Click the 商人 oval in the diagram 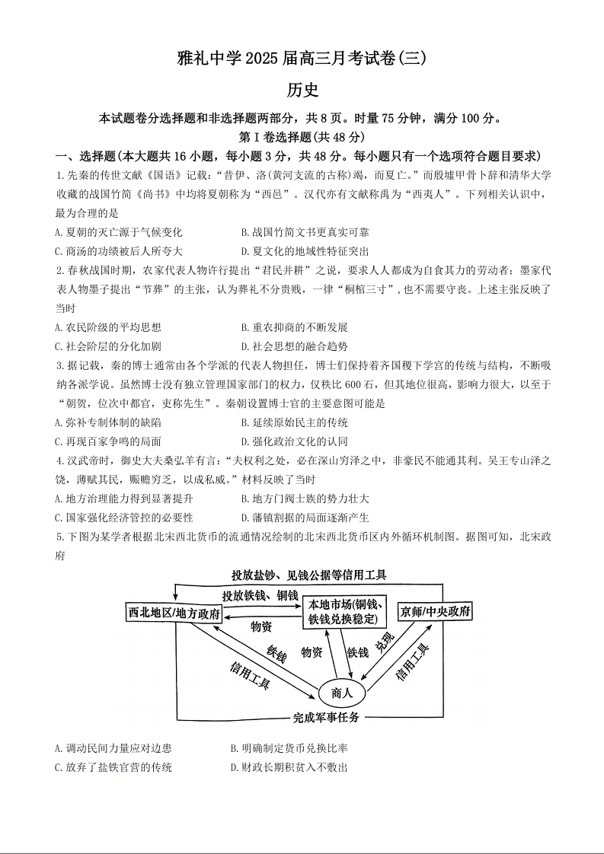pyautogui.click(x=342, y=693)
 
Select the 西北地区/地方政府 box pyautogui.click(x=174, y=613)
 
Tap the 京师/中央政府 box pyautogui.click(x=435, y=611)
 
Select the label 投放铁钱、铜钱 pyautogui.click(x=260, y=594)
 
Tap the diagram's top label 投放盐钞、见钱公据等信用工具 pyautogui.click(x=309, y=575)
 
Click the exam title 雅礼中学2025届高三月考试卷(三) pyautogui.click(x=302, y=57)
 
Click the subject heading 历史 pyautogui.click(x=302, y=89)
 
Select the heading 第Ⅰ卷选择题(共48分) pyautogui.click(x=302, y=137)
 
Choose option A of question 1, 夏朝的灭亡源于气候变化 pyautogui.click(x=119, y=232)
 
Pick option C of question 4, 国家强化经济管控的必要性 pyautogui.click(x=124, y=518)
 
